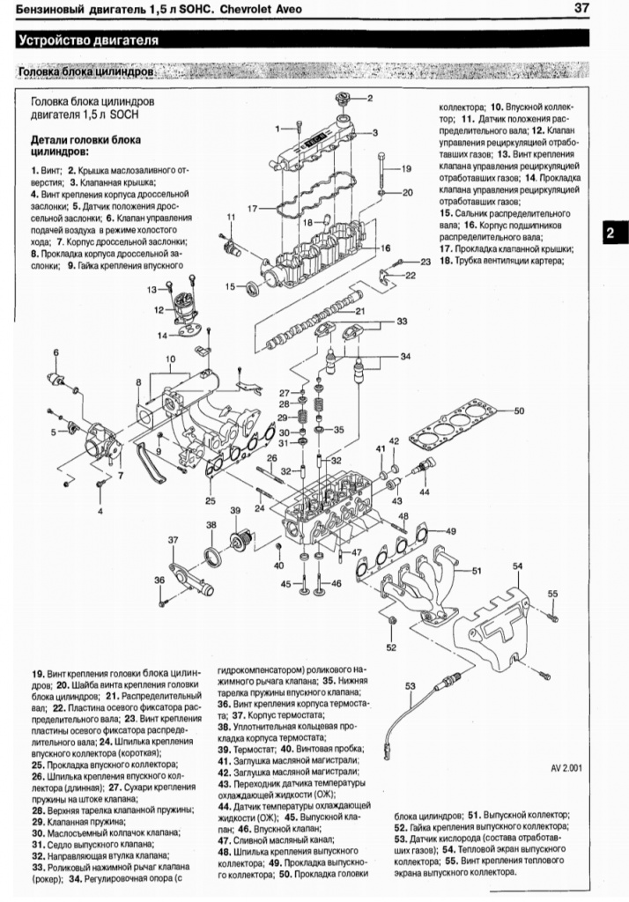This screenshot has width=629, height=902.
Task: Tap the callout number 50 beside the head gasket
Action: click(x=519, y=410)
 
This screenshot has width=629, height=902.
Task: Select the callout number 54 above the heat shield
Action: click(x=517, y=566)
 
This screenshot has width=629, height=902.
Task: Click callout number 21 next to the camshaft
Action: click(x=359, y=311)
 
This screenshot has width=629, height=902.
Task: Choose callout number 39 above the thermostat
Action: click(x=235, y=511)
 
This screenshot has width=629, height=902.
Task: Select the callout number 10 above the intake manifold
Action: click(x=171, y=358)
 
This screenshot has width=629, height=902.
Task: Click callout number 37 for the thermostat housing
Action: click(x=174, y=540)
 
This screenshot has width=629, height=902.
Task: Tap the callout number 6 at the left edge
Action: click(x=55, y=352)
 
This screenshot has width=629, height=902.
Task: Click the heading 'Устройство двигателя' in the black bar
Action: click(x=88, y=40)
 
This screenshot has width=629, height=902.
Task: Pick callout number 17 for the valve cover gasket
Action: click(x=252, y=209)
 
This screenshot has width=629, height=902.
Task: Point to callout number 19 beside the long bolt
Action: click(x=406, y=167)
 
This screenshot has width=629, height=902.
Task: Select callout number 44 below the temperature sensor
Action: click(x=425, y=491)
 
